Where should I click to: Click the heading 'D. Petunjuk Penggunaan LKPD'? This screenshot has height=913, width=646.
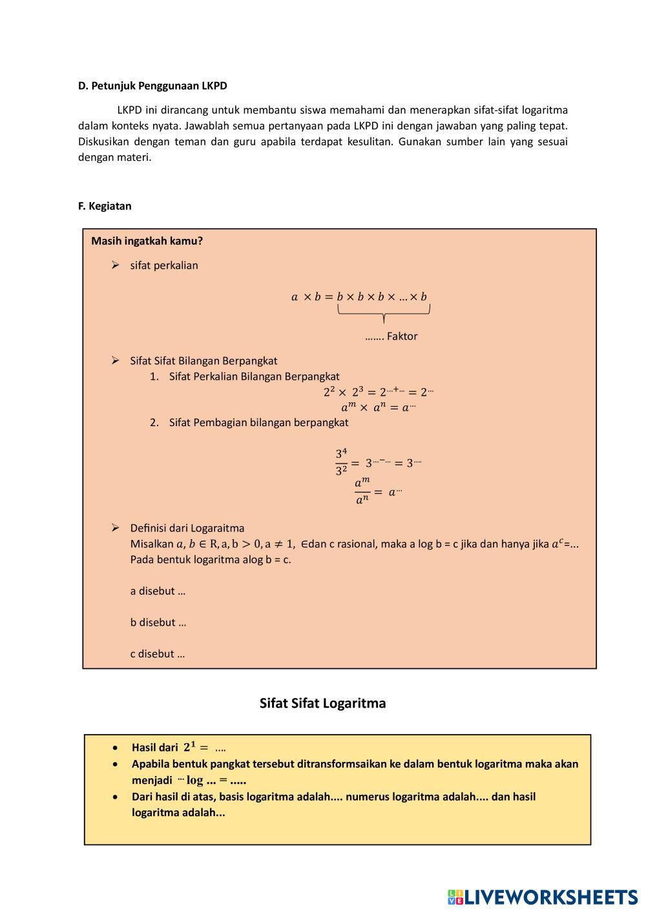coord(152,86)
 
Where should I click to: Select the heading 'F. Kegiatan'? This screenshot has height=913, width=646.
coord(105,206)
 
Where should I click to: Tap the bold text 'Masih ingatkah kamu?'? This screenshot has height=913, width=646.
coord(147,241)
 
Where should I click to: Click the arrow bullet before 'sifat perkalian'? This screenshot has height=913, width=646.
coord(115,265)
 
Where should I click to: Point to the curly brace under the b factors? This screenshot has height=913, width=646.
coord(384,313)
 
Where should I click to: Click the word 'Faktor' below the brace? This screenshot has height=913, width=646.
coord(402,336)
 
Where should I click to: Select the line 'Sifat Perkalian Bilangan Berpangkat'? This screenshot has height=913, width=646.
coord(254,376)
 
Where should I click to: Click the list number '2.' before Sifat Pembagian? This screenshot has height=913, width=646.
coord(154,422)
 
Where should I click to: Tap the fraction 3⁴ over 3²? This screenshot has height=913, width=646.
coord(342,462)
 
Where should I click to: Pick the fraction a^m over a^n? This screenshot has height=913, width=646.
coord(362,491)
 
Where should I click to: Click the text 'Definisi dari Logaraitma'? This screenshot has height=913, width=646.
coord(187,528)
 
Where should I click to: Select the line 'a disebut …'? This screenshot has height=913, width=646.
coord(158,591)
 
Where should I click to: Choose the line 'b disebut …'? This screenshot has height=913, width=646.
coord(158,622)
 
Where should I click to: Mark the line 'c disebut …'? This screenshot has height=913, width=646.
coord(157,653)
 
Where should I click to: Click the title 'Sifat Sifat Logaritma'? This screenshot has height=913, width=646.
coord(322,703)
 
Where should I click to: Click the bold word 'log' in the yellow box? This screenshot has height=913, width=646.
coord(194,780)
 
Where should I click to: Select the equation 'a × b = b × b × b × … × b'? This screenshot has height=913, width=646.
coord(359,297)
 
